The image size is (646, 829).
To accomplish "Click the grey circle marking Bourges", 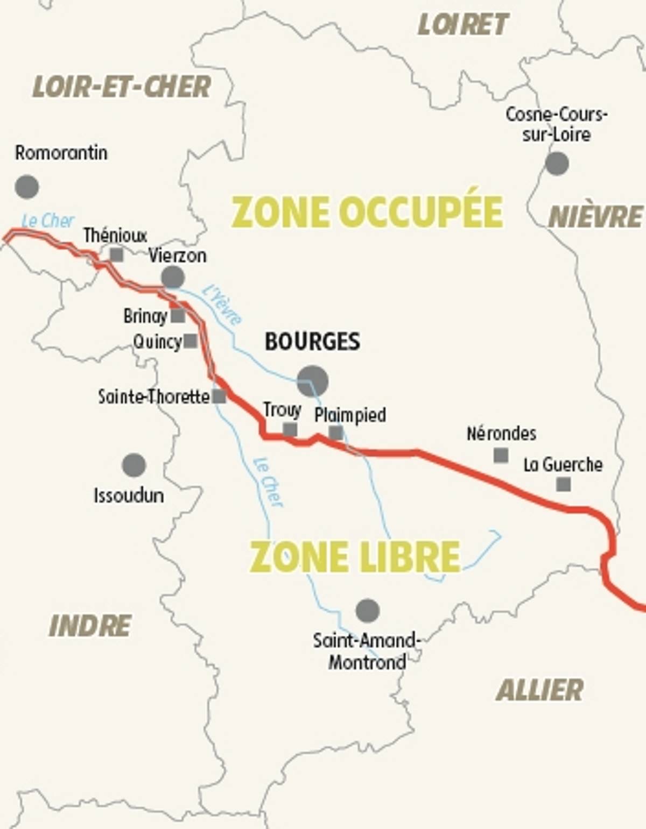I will pos(312,381).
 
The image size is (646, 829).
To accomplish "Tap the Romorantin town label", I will pos(61,153).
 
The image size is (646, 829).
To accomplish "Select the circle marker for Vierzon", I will pos(173,278).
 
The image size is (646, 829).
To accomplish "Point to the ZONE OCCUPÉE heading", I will pos(367,211).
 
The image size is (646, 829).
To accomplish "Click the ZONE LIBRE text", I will pos(355,557).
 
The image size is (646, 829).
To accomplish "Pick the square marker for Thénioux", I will pos(116,254).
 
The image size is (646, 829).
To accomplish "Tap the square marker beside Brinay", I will pos(178,316).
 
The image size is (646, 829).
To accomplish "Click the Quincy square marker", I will pos(190,341).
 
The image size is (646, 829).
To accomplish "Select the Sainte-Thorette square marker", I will pos(219,396).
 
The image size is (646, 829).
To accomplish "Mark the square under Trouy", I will pos(290,429).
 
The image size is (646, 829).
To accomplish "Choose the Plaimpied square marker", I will pos(335,432).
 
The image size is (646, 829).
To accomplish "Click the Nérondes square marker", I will pos(501,455).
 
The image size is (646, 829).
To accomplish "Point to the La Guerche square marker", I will pos(563,484).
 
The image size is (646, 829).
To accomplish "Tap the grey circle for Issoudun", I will pos(134,465).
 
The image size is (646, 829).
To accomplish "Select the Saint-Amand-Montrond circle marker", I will pos(368,611).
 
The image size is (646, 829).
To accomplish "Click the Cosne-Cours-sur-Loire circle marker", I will pos(557,163).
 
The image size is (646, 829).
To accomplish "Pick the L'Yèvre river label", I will pos(222,305).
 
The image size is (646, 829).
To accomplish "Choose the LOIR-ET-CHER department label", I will pos(122,87).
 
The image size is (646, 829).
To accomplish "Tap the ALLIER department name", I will pos(539,690).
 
